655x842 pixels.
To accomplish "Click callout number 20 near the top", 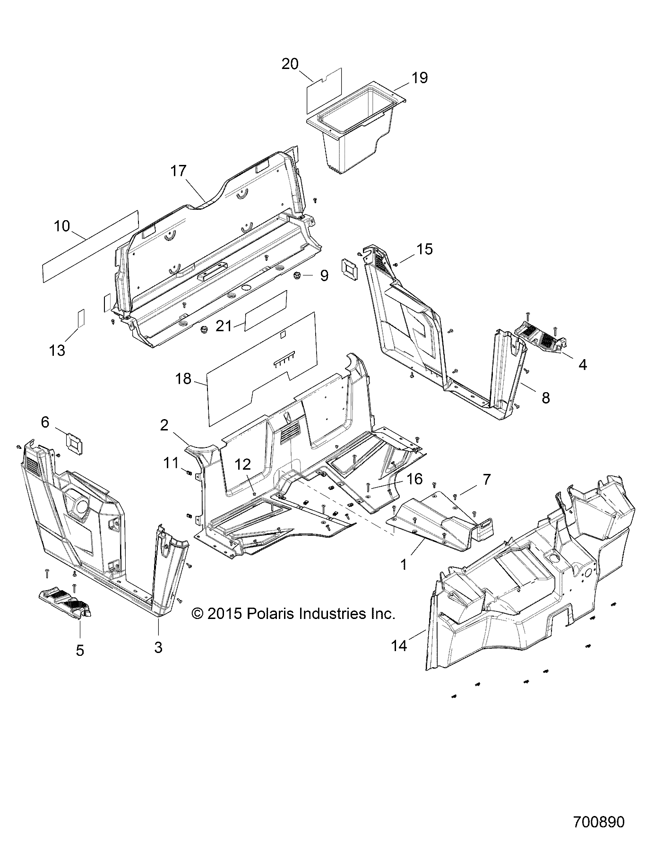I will (x=290, y=64).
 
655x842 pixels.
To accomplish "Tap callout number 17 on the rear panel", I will (x=179, y=171).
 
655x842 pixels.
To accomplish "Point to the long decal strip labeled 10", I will (x=90, y=247).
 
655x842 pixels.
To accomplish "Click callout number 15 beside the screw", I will (x=425, y=249).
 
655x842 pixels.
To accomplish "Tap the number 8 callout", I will (x=545, y=398).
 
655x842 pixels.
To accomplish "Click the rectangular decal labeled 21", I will (x=266, y=309).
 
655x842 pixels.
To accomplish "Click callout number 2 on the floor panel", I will (x=164, y=426).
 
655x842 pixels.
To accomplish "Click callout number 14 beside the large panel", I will (x=399, y=645).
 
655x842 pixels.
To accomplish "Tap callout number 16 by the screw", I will (x=414, y=479).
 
